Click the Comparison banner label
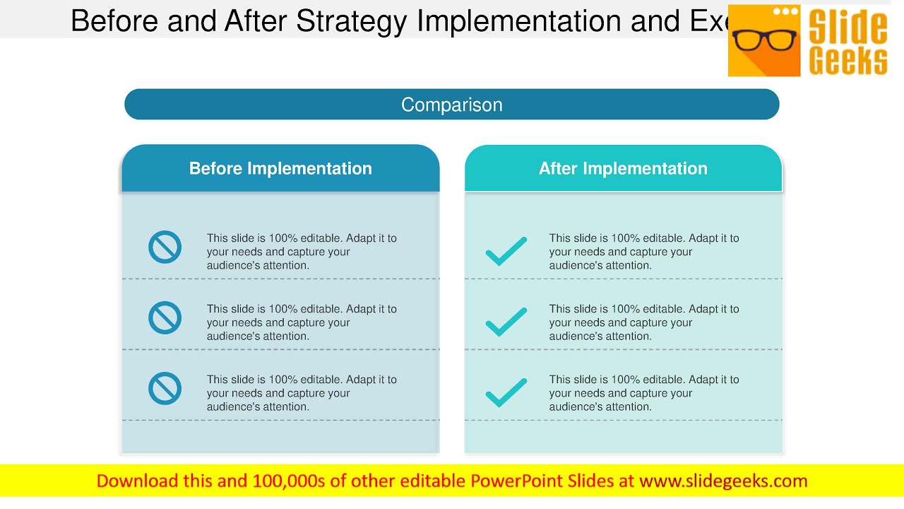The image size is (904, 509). click(x=452, y=105)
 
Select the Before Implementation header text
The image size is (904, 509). click(x=280, y=168)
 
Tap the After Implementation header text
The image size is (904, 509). click(x=623, y=168)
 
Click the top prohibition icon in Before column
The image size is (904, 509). click(x=165, y=247)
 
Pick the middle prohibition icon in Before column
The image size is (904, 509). click(x=165, y=318)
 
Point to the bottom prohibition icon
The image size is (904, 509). click(x=165, y=389)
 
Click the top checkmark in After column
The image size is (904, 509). click(x=506, y=251)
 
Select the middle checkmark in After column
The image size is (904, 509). click(x=506, y=322)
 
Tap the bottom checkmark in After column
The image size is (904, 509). click(x=506, y=392)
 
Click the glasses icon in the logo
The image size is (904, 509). click(x=764, y=40)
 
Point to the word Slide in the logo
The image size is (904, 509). click(x=848, y=27)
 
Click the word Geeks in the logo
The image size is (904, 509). click(x=848, y=61)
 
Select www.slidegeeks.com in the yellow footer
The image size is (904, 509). click(x=723, y=481)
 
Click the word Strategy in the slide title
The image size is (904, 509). click(x=351, y=21)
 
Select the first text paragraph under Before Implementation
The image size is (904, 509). click(x=302, y=252)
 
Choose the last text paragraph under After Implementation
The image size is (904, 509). click(x=644, y=393)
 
